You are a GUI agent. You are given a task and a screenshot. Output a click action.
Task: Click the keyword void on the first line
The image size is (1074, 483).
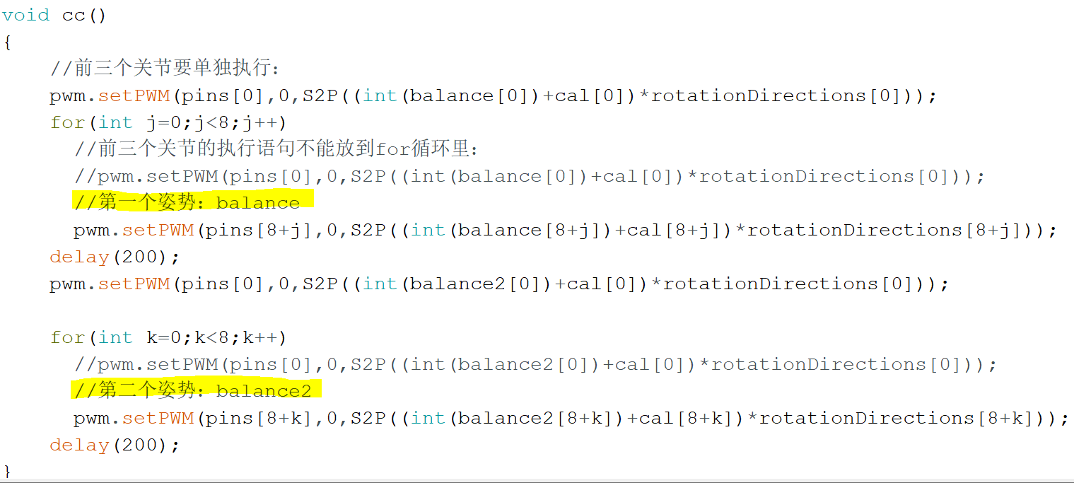click(x=26, y=15)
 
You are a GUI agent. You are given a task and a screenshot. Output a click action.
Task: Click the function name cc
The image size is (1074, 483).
click(x=74, y=15)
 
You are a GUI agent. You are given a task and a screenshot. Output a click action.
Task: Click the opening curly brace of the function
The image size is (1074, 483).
click(x=7, y=42)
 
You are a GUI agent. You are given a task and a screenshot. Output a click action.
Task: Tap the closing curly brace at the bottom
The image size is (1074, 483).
click(x=7, y=471)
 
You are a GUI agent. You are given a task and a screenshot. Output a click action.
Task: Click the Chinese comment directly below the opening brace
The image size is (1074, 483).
click(x=165, y=69)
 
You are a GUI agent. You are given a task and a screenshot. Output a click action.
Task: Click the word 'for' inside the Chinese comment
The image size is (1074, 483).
click(x=392, y=149)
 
